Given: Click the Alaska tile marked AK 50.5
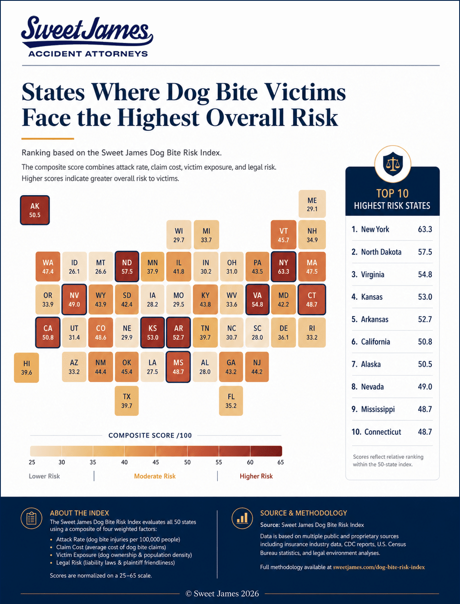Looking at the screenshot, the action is [35, 210].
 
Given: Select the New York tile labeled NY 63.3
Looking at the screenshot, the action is [283, 267].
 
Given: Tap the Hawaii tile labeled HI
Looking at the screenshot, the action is [26, 368].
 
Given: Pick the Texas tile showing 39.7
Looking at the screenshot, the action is [127, 401].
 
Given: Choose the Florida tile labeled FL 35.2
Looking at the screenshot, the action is [231, 401].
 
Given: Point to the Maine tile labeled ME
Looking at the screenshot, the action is [312, 204].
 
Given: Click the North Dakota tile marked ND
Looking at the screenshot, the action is [127, 267].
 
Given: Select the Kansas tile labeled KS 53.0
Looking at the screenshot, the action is [153, 333].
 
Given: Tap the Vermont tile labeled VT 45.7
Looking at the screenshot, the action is [283, 235].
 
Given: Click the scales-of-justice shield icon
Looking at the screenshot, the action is [393, 164].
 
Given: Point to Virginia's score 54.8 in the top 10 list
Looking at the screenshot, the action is [425, 274].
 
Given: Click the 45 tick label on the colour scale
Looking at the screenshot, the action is [156, 462].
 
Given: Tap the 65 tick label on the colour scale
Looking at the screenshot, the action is [280, 462].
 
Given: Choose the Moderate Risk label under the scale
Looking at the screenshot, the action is [155, 476].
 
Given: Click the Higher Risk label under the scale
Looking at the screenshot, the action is [256, 476].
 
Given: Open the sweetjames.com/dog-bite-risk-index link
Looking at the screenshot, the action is [378, 567].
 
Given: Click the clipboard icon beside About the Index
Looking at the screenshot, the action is [31, 518].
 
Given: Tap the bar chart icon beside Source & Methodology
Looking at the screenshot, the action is [242, 518].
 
